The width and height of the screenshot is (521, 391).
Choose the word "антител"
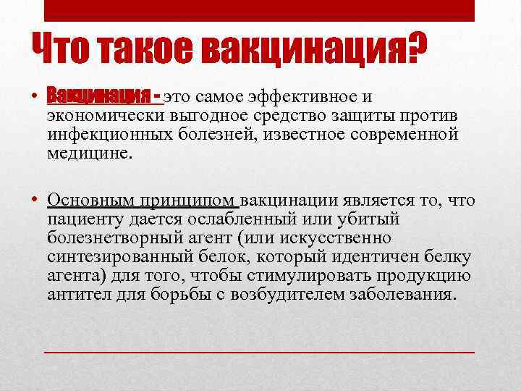pos(76,295)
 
